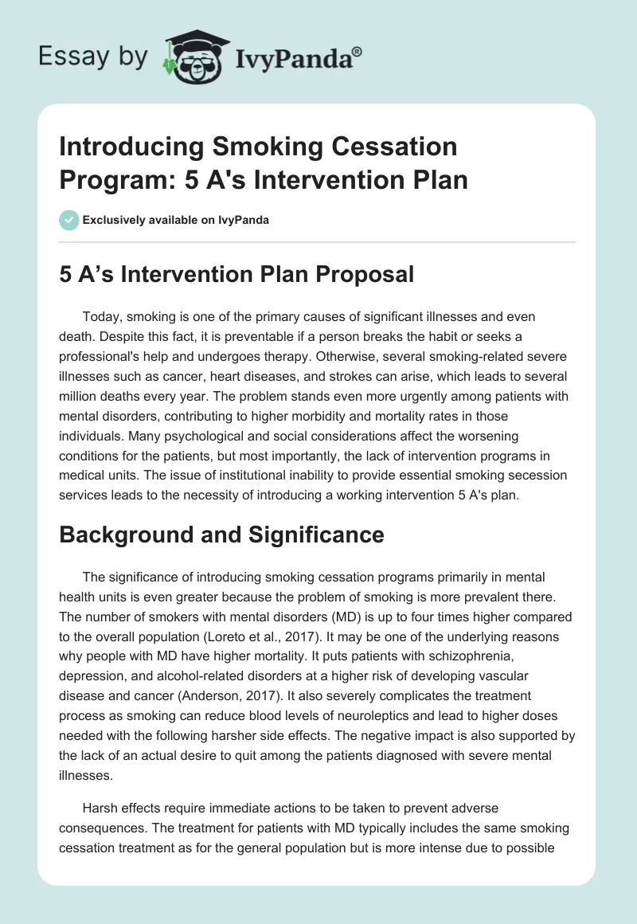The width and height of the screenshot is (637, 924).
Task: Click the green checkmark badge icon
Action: (x=69, y=219)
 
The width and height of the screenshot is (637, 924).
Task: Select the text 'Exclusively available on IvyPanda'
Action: (x=176, y=220)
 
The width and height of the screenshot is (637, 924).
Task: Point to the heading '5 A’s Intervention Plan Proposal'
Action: (x=236, y=274)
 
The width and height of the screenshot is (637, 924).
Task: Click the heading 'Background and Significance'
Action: (x=221, y=535)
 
